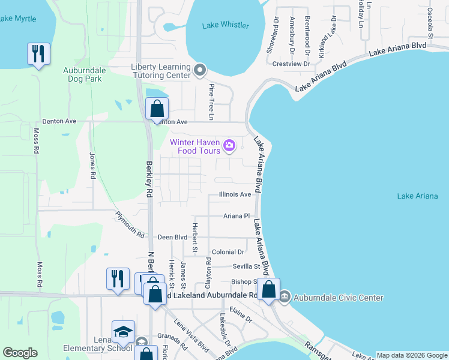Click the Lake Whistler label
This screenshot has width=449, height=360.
(x=226, y=25)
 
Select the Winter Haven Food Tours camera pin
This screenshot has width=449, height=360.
(x=229, y=146)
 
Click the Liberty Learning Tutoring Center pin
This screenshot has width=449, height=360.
(x=200, y=71)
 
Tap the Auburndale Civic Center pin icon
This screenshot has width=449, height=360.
(x=285, y=297)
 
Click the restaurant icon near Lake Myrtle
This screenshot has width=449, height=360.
(x=38, y=54)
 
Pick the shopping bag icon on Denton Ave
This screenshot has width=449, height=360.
(x=157, y=110)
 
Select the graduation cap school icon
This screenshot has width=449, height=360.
(x=123, y=332)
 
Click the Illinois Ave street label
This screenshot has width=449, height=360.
(x=235, y=194)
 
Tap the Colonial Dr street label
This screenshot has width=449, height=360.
(x=228, y=252)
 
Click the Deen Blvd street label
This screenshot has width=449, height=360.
(x=172, y=238)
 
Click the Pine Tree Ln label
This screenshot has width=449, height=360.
(x=211, y=93)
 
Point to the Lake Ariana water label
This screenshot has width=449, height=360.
(x=418, y=196)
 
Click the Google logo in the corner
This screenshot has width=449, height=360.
(x=20, y=353)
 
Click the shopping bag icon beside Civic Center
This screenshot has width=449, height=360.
(x=270, y=290)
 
